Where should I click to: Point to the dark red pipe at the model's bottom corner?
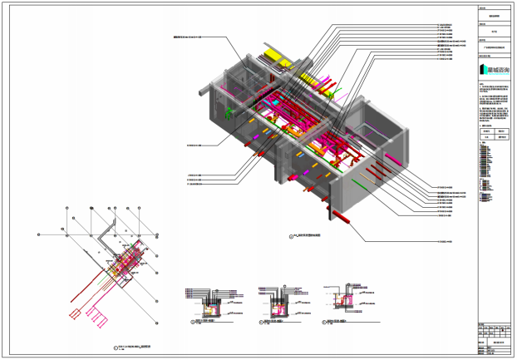tap(342, 218)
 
